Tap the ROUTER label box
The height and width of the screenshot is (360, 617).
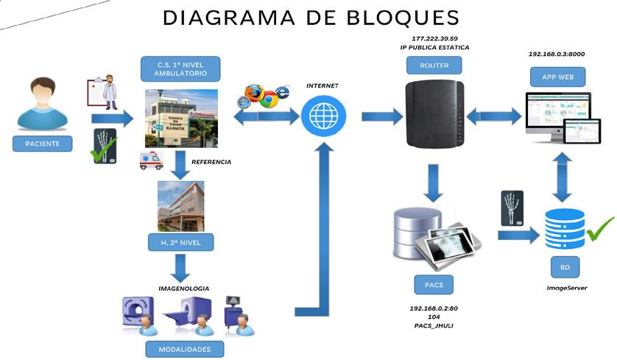pyautogui.click(x=433, y=66)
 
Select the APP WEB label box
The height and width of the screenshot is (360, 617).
pyautogui.click(x=557, y=76)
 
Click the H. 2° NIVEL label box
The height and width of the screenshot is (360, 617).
pyautogui.click(x=180, y=242)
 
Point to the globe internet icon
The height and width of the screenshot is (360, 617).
pyautogui.click(x=321, y=115)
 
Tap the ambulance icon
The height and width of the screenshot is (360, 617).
pyautogui.click(x=151, y=160)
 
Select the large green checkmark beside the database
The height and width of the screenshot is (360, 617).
pyautogui.click(x=600, y=229)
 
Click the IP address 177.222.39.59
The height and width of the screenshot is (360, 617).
pyautogui.click(x=434, y=38)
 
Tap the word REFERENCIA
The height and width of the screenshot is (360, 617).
pyautogui.click(x=211, y=162)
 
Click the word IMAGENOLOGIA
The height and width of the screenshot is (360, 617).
pyautogui.click(x=184, y=288)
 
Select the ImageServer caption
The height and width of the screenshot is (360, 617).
pyautogui.click(x=566, y=289)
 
